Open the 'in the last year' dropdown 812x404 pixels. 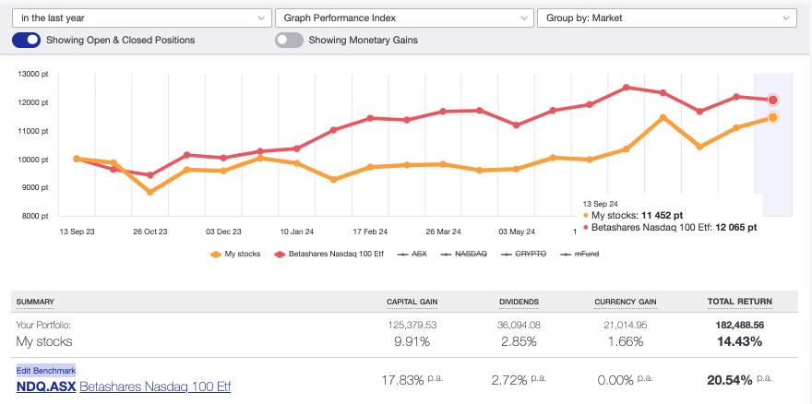click(x=139, y=18)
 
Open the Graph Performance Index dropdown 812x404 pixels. click(x=403, y=18)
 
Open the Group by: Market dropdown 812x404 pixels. click(x=666, y=18)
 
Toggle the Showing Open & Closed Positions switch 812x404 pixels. click(x=27, y=40)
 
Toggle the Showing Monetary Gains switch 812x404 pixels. click(x=289, y=40)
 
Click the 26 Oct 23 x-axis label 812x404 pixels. click(x=150, y=232)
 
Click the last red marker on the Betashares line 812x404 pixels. click(x=772, y=100)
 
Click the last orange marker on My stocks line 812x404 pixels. click(x=772, y=117)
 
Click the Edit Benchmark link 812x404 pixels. click(x=45, y=371)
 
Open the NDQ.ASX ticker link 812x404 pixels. click(x=45, y=386)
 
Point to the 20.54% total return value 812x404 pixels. click(x=735, y=380)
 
